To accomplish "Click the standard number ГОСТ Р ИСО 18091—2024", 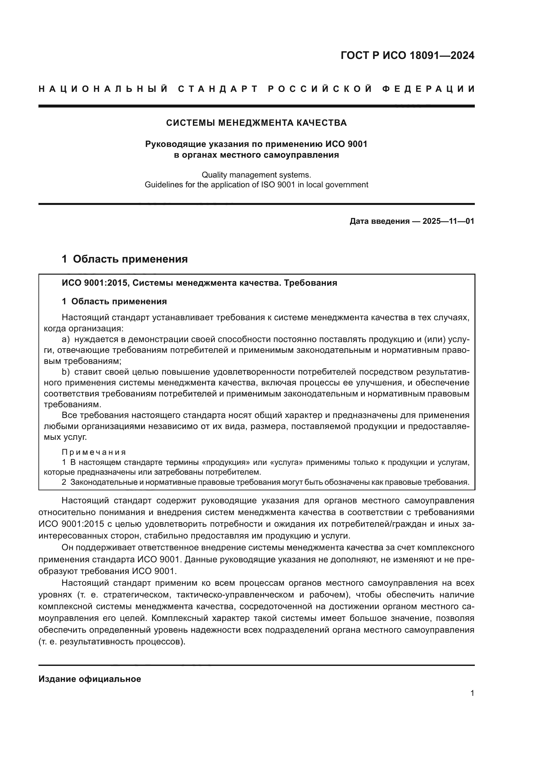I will click(x=407, y=55).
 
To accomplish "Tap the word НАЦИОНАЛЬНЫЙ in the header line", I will click(x=103, y=89).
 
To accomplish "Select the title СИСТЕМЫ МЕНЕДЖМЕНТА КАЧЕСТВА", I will click(x=256, y=123).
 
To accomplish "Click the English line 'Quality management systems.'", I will click(x=256, y=175).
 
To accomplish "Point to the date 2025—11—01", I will click(x=448, y=221).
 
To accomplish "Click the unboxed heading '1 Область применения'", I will click(x=125, y=259).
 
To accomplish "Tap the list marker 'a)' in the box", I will click(x=66, y=339).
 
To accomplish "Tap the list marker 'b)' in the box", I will click(x=66, y=372).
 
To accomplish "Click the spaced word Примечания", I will click(x=94, y=452).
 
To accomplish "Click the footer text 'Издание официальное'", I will click(x=90, y=679).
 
